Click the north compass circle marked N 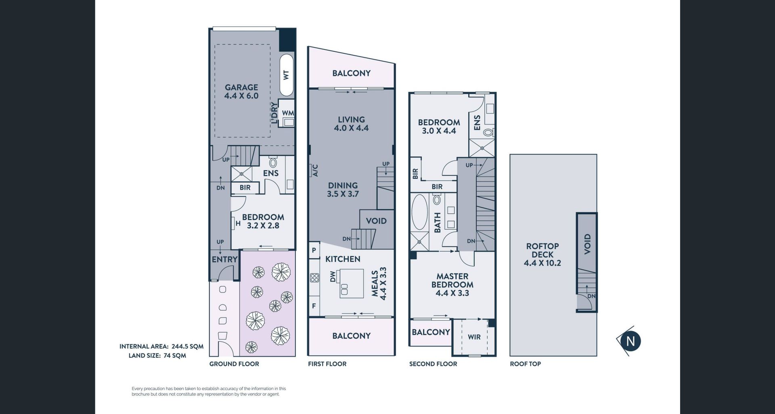[x=630, y=341]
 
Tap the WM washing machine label [x=288, y=113]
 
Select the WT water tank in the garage [x=287, y=75]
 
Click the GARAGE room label [x=241, y=87]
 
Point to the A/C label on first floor [x=315, y=170]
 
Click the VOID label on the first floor [x=376, y=221]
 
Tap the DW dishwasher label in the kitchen [x=333, y=277]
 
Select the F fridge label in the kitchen [x=314, y=306]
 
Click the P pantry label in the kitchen [x=314, y=251]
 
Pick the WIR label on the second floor [x=474, y=337]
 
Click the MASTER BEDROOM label [x=452, y=281]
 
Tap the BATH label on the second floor [x=437, y=223]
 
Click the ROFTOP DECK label [x=542, y=250]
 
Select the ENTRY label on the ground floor [x=224, y=260]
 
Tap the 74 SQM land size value [x=175, y=356]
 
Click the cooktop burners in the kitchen [x=314, y=278]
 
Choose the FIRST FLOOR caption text [x=327, y=364]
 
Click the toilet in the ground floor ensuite [x=273, y=163]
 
